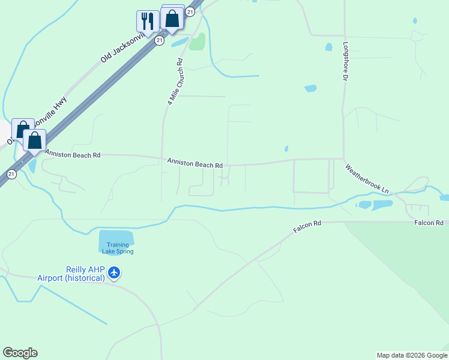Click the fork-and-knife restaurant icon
(x=146, y=21)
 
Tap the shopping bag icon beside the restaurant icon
(x=172, y=18)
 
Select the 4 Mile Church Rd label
(x=175, y=82)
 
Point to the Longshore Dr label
(x=346, y=62)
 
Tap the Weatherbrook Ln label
(x=367, y=178)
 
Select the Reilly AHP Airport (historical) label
(x=71, y=274)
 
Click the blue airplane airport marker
(x=114, y=274)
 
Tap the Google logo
(x=20, y=353)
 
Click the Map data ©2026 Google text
(x=412, y=355)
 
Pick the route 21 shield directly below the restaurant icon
(x=159, y=40)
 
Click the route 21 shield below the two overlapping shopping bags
(x=11, y=174)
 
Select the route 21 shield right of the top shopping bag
(x=190, y=11)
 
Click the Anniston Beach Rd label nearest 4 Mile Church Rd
(x=195, y=163)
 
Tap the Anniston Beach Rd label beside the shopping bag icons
(x=72, y=155)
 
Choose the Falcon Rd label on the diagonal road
(x=307, y=226)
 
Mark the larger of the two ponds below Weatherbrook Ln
(x=382, y=205)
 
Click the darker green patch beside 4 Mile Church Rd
(x=197, y=42)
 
